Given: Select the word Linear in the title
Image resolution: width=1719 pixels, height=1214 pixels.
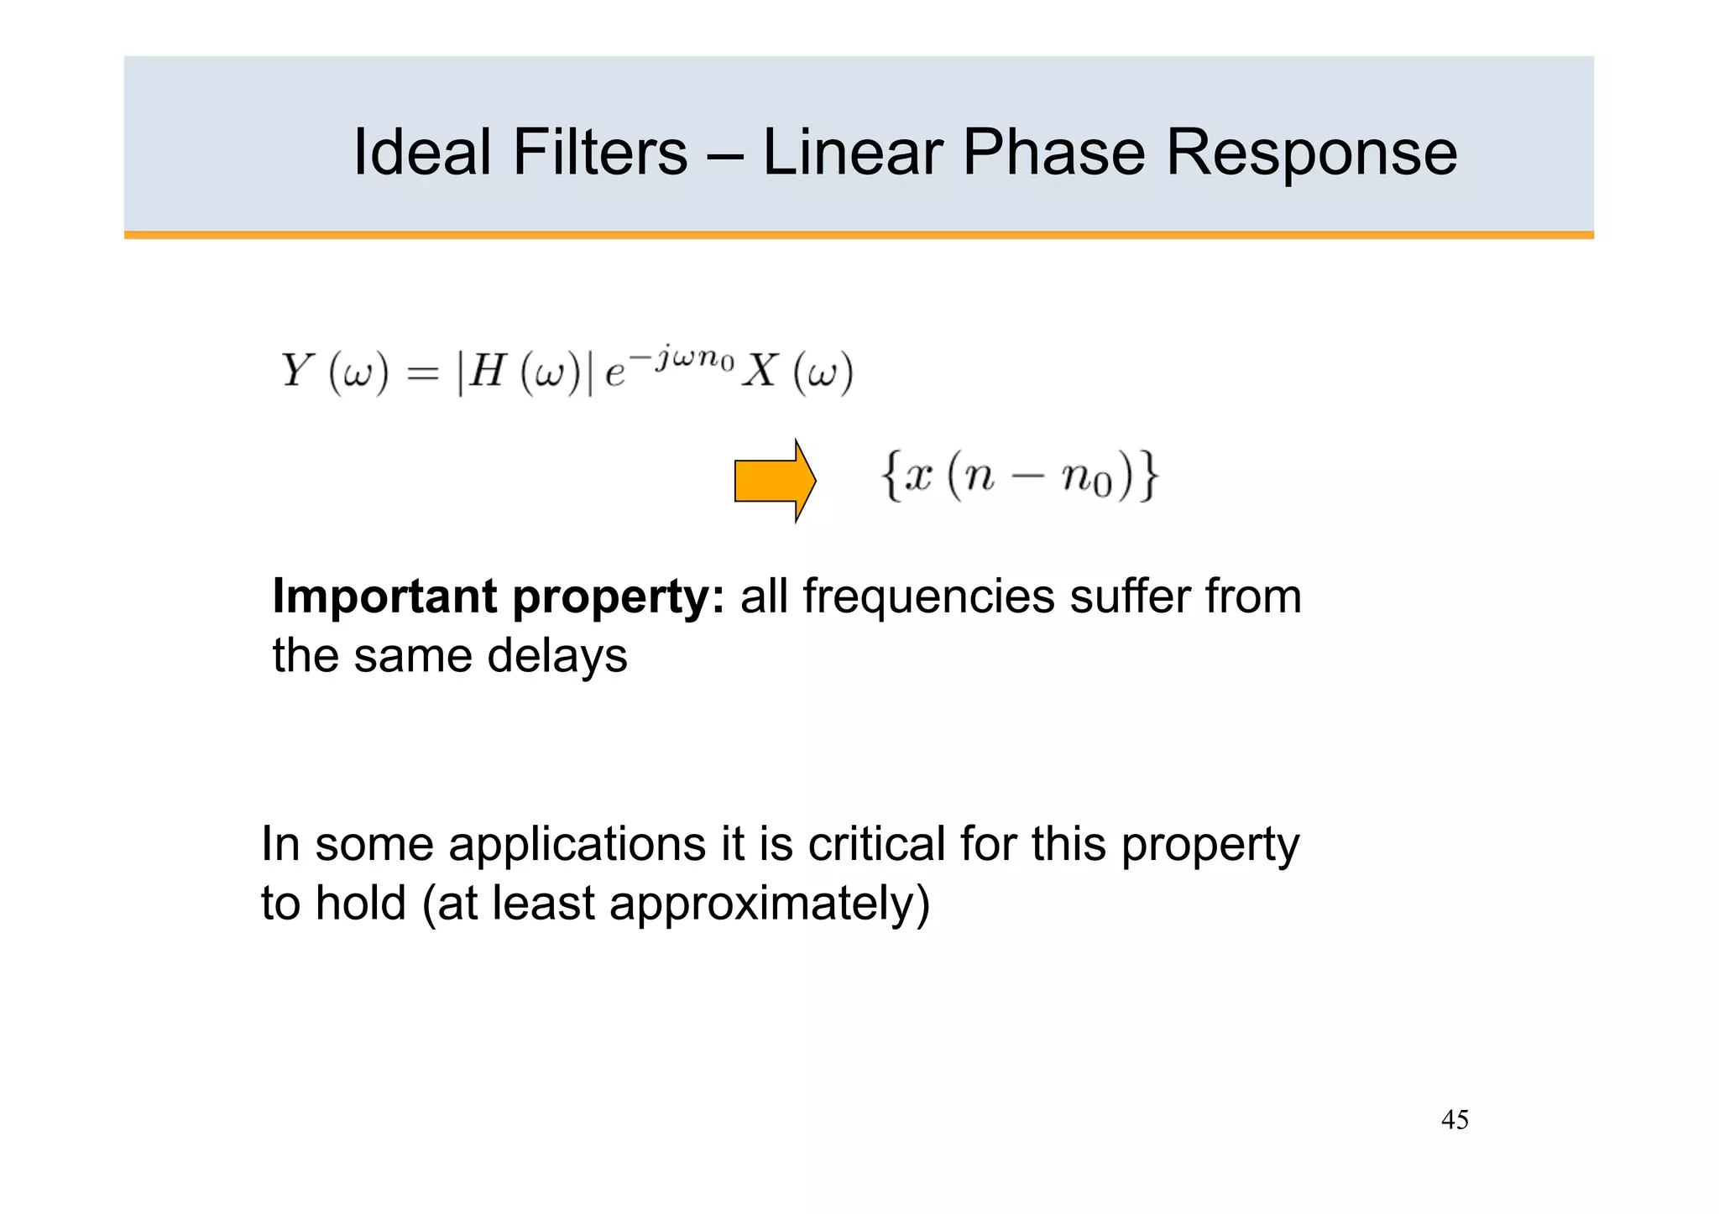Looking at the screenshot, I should [852, 153].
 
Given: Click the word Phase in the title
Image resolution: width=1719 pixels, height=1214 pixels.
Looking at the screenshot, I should [1053, 153].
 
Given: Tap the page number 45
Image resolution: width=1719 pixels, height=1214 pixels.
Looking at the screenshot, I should [1455, 1120].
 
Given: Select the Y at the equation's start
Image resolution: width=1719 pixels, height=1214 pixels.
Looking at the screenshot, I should [297, 371].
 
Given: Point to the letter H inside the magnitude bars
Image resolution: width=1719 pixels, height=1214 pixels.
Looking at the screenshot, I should [487, 371].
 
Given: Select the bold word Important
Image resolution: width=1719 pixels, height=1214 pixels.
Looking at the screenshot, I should [385, 597].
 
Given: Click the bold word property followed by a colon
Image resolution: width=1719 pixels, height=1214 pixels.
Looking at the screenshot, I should [618, 598].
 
